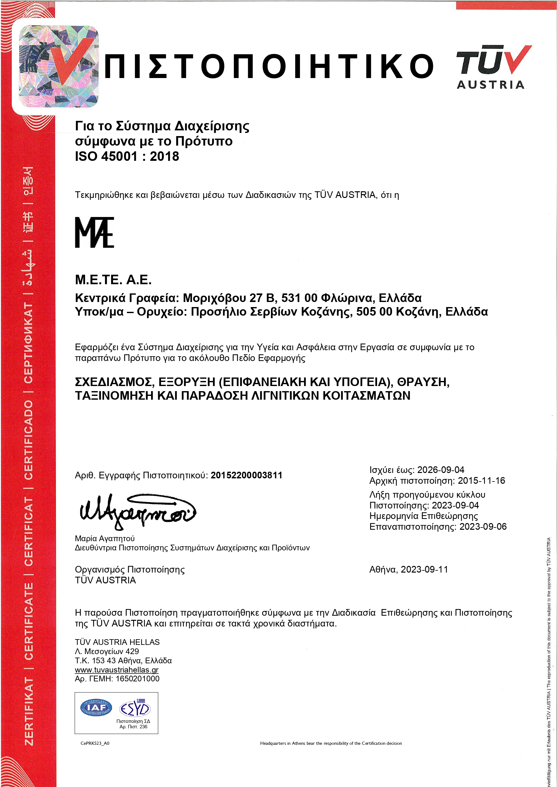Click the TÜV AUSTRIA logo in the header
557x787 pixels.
click(493, 67)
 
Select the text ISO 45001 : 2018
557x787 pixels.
click(127, 156)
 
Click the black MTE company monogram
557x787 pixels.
click(94, 232)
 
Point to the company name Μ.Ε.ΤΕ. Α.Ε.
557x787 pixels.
click(113, 280)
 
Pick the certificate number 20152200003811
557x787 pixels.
click(246, 475)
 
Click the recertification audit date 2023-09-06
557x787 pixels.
click(483, 527)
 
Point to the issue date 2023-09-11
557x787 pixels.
click(424, 569)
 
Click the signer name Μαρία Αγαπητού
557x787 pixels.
click(105, 539)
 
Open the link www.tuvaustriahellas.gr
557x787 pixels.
click(116, 670)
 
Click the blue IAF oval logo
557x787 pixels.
click(96, 707)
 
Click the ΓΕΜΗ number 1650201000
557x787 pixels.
click(137, 679)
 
